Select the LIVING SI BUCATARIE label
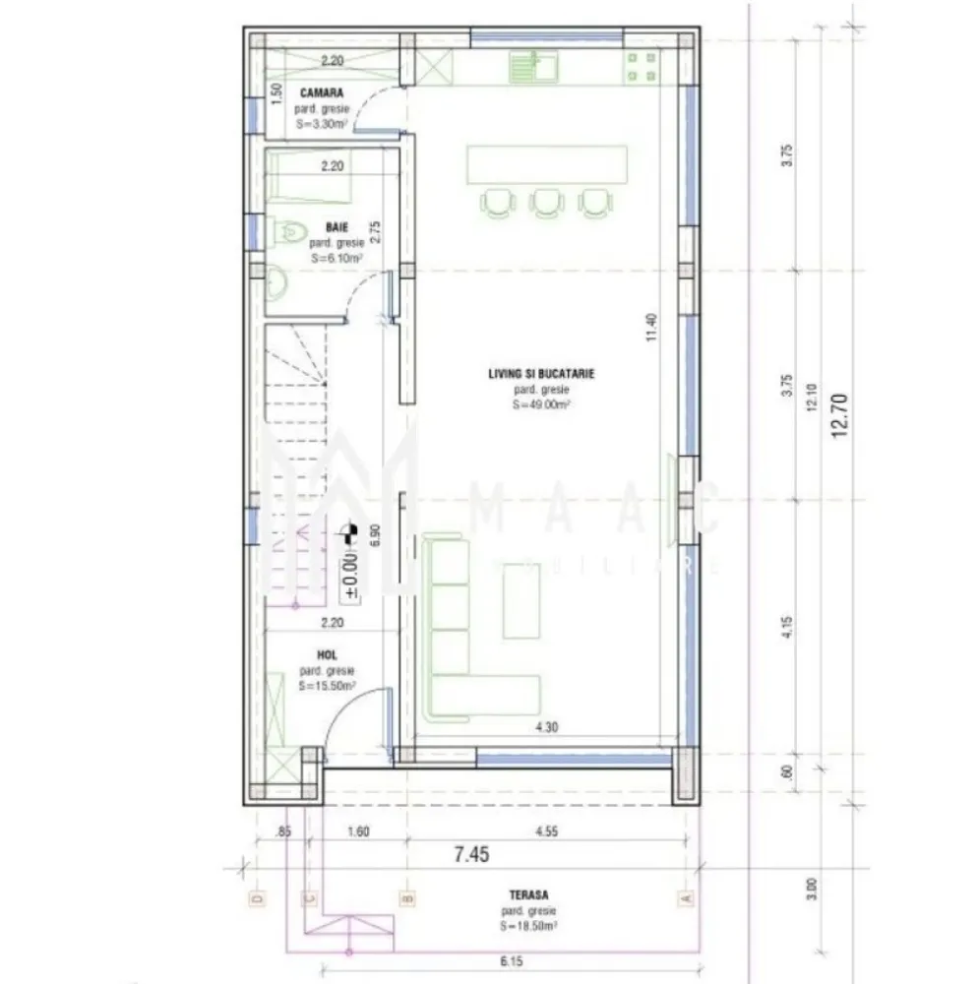pos(541,374)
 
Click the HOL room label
pos(328,654)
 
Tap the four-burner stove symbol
pos(642,67)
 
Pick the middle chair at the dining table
pos(544,201)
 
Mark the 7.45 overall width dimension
pos(471,854)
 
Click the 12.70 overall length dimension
pos(839,418)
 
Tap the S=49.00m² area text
pos(541,403)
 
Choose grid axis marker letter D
pos(257,897)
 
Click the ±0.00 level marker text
pos(351,575)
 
